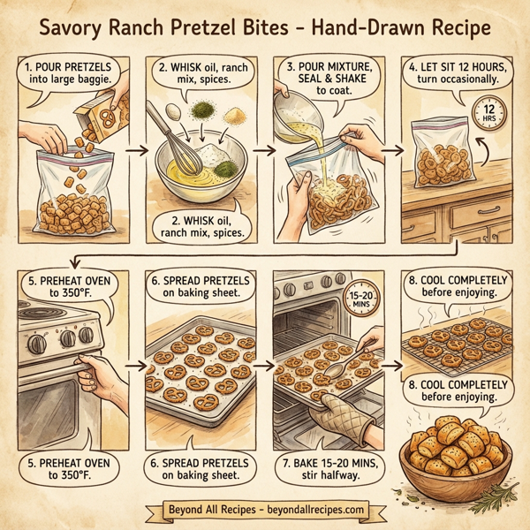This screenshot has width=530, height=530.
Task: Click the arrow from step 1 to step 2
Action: click(134, 151)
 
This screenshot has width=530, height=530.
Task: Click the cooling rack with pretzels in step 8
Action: click(458, 344)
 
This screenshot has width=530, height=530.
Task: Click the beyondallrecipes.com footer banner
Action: click(265, 511)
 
